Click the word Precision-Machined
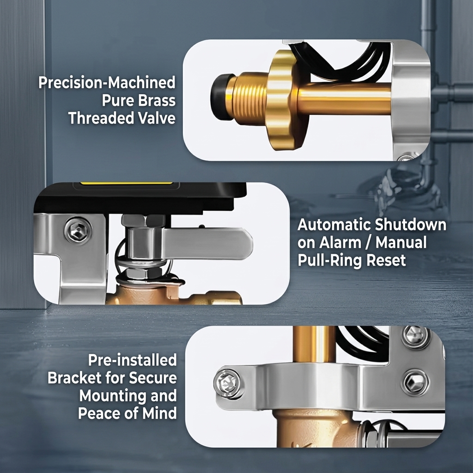pos(107,83)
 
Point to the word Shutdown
pos(411,225)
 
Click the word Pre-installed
pos(133,360)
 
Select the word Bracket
pos(74,378)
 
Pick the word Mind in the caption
pos(159,413)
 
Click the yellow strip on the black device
pos(127,183)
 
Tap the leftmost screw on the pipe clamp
pos(227,384)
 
